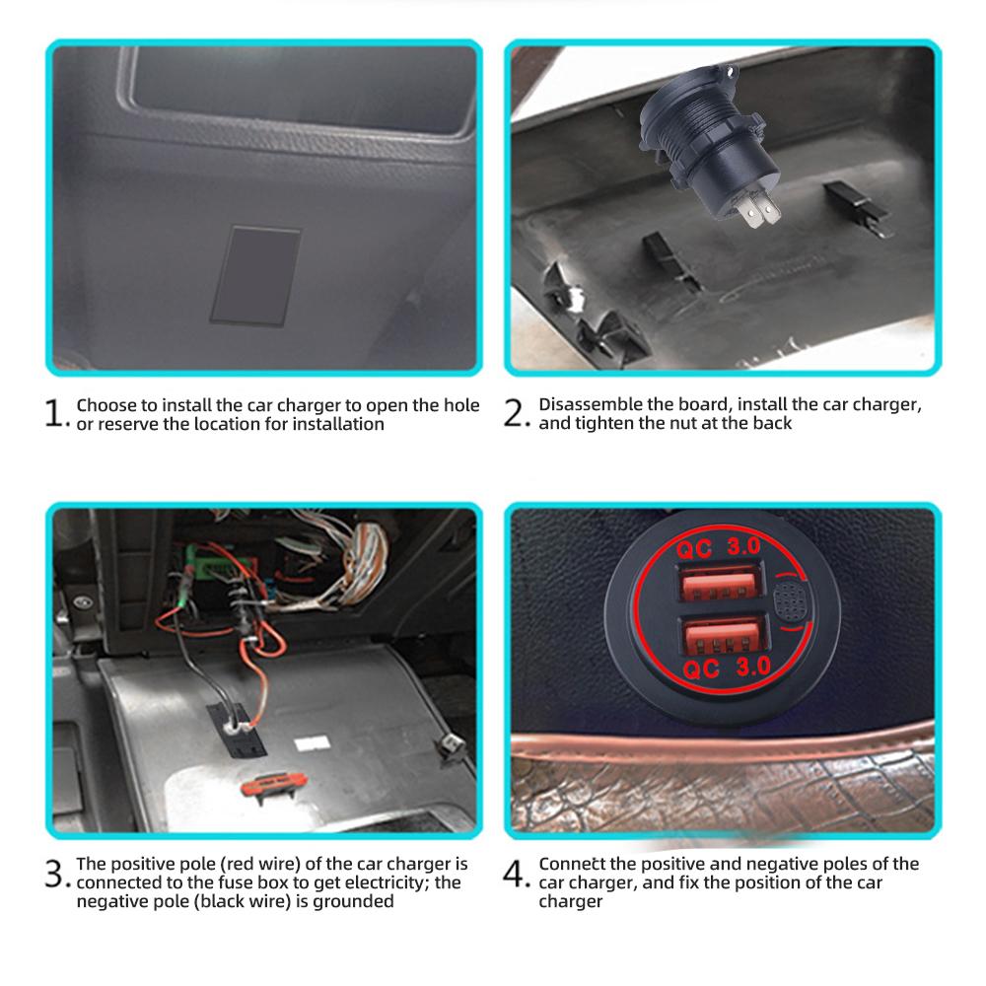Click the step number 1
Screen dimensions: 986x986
[54, 414]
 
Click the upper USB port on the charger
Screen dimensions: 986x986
[722, 583]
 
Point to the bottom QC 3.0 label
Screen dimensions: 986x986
[727, 668]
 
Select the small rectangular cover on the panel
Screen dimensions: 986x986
[255, 275]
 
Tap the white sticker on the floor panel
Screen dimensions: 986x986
[312, 743]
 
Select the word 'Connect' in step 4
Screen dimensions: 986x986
[572, 864]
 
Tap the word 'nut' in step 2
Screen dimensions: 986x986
[667, 424]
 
